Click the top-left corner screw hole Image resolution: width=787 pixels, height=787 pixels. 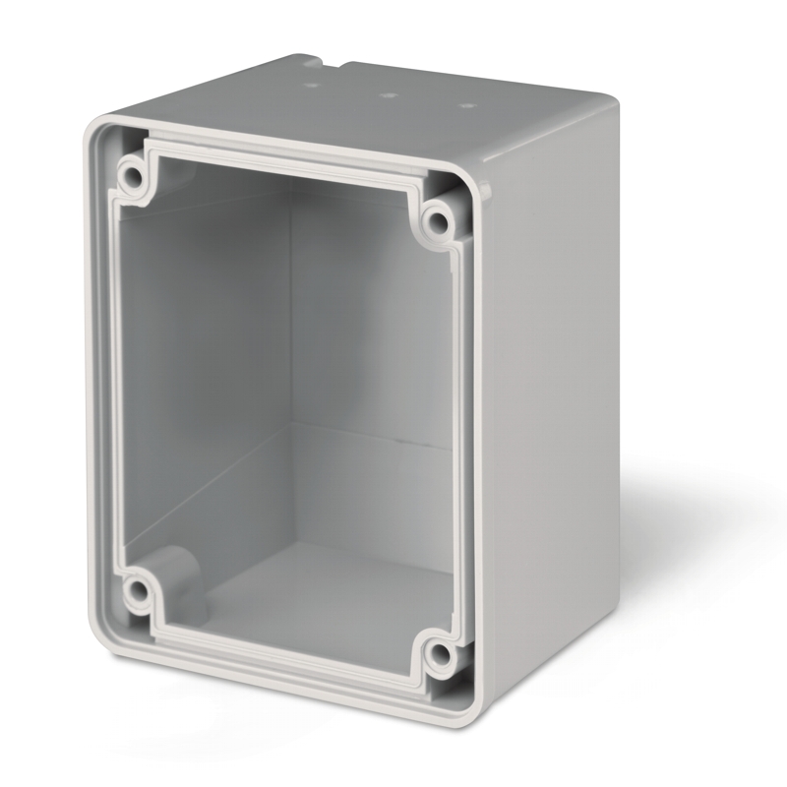coord(131,177)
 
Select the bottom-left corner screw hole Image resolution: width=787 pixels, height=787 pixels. coord(136,590)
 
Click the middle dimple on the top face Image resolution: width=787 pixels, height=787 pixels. coord(389,96)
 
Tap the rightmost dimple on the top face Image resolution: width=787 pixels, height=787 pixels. coord(468,105)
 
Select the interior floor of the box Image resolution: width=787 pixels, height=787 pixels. coord(325,590)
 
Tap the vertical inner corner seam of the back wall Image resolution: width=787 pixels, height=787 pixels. coord(291,325)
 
